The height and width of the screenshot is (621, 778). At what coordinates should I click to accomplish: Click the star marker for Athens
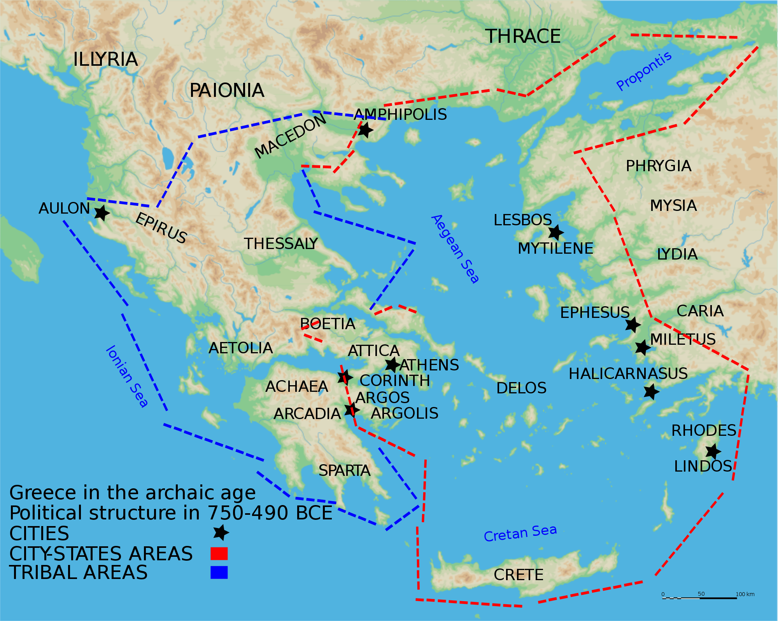pyautogui.click(x=392, y=365)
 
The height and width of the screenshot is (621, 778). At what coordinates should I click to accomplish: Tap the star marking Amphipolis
pyautogui.click(x=365, y=130)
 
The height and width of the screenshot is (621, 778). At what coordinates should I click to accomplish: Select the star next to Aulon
pyautogui.click(x=102, y=213)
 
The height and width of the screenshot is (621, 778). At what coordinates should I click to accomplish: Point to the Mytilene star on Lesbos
pyautogui.click(x=556, y=232)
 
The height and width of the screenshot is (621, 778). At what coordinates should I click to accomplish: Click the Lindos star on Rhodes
pyautogui.click(x=713, y=451)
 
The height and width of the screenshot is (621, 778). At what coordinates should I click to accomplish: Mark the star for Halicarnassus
pyautogui.click(x=651, y=391)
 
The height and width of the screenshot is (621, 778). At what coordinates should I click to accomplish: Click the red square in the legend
pyautogui.click(x=219, y=553)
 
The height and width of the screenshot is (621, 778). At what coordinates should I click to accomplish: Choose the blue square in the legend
pyautogui.click(x=219, y=572)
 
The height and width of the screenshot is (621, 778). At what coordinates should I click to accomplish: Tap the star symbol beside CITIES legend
pyautogui.click(x=221, y=532)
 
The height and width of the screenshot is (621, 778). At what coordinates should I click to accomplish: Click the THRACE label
pyautogui.click(x=523, y=37)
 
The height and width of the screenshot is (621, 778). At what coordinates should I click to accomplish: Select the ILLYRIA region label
pyautogui.click(x=105, y=60)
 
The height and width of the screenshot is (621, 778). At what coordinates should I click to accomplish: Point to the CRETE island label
pyautogui.click(x=518, y=575)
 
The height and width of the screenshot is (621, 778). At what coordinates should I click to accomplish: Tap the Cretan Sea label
pyautogui.click(x=520, y=533)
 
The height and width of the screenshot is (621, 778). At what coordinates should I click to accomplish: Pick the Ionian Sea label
pyautogui.click(x=127, y=376)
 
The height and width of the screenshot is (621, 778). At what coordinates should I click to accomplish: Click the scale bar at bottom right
pyautogui.click(x=699, y=598)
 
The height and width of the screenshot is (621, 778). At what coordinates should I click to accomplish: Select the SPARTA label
pyautogui.click(x=344, y=471)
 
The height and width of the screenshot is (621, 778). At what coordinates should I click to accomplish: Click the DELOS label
pyautogui.click(x=521, y=388)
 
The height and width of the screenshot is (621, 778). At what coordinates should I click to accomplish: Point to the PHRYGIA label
pyautogui.click(x=658, y=166)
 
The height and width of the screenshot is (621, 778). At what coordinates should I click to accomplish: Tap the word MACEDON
pyautogui.click(x=290, y=136)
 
